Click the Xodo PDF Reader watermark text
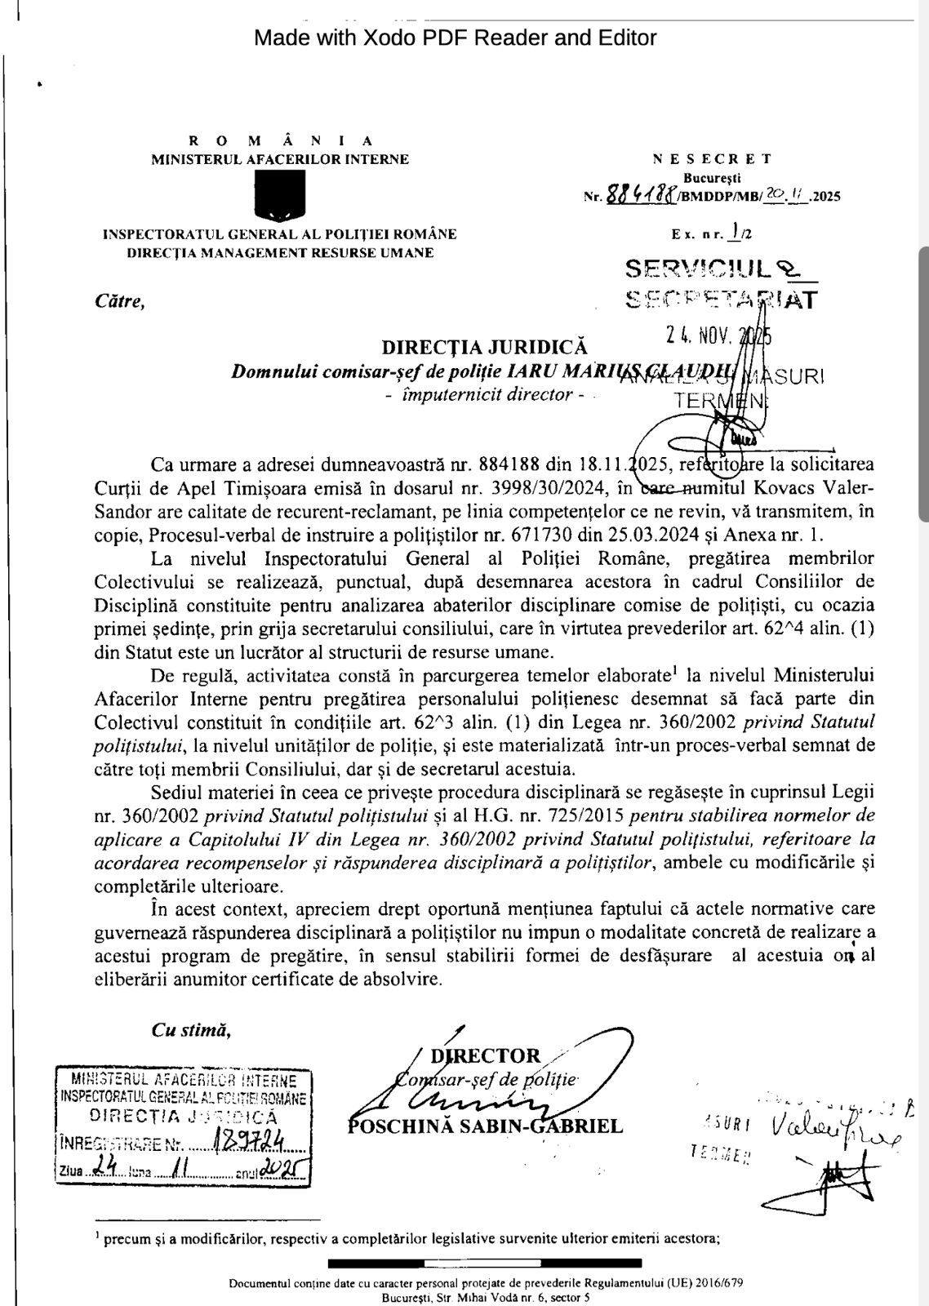click(455, 38)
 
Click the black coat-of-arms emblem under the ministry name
click(278, 196)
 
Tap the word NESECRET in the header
click(712, 159)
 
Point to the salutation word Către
click(119, 301)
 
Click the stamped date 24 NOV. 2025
click(718, 335)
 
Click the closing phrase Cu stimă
click(190, 1030)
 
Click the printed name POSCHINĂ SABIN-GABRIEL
click(486, 1126)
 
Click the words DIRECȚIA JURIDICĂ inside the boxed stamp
click(183, 1116)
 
